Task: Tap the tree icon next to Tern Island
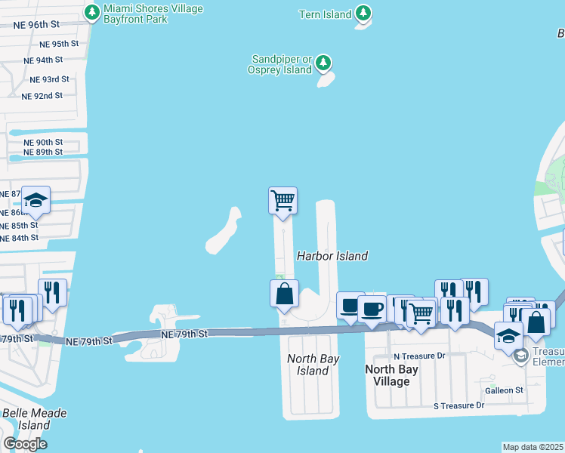click(x=363, y=14)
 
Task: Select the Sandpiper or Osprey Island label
click(x=279, y=64)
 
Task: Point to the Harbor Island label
click(x=332, y=256)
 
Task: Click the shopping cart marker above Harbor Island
click(x=282, y=201)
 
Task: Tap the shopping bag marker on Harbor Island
click(x=284, y=294)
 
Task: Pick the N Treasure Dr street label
click(x=420, y=356)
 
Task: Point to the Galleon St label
click(x=504, y=390)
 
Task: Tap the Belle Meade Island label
click(x=34, y=419)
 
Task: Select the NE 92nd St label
click(x=42, y=96)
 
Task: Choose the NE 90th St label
click(x=43, y=142)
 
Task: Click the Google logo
click(x=25, y=443)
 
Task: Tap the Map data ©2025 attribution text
click(x=533, y=447)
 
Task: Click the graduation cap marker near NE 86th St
click(x=36, y=200)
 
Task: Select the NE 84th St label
click(x=20, y=238)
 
